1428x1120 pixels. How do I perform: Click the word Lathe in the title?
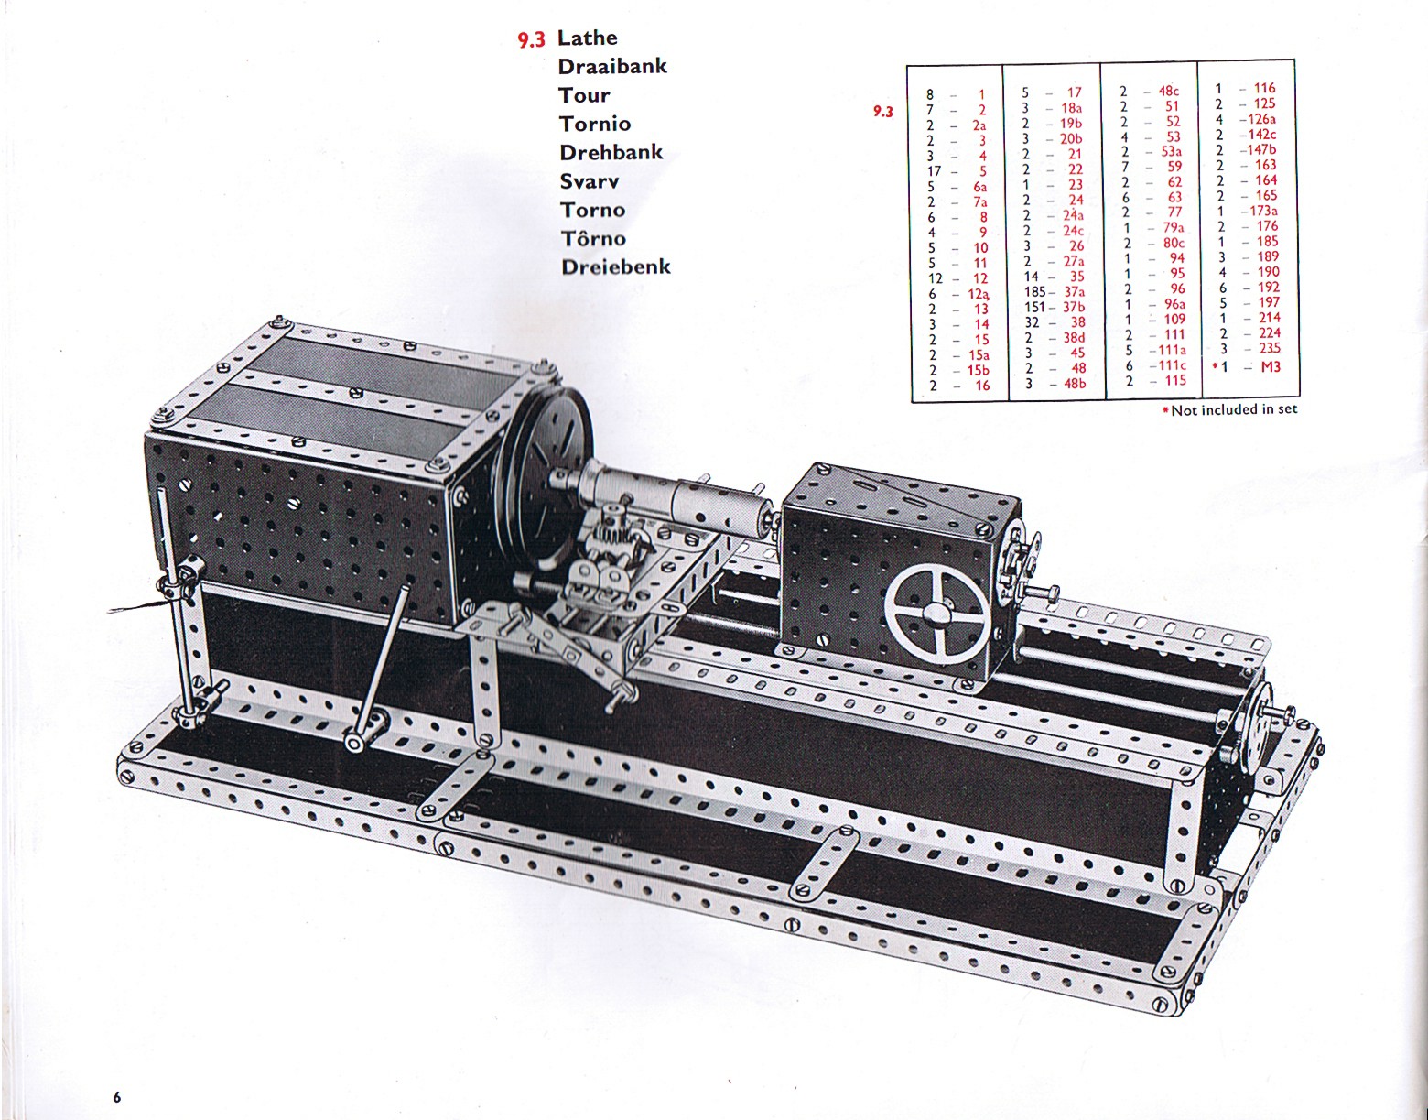[587, 38]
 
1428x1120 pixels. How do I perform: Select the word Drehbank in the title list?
[611, 153]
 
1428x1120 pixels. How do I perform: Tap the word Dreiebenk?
[616, 266]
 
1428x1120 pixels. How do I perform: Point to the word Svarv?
[589, 180]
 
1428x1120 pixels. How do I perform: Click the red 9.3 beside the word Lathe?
[531, 40]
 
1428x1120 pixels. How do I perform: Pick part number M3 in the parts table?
[1271, 366]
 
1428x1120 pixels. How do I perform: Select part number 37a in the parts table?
[1074, 291]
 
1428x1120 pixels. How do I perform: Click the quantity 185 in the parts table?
[1033, 291]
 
